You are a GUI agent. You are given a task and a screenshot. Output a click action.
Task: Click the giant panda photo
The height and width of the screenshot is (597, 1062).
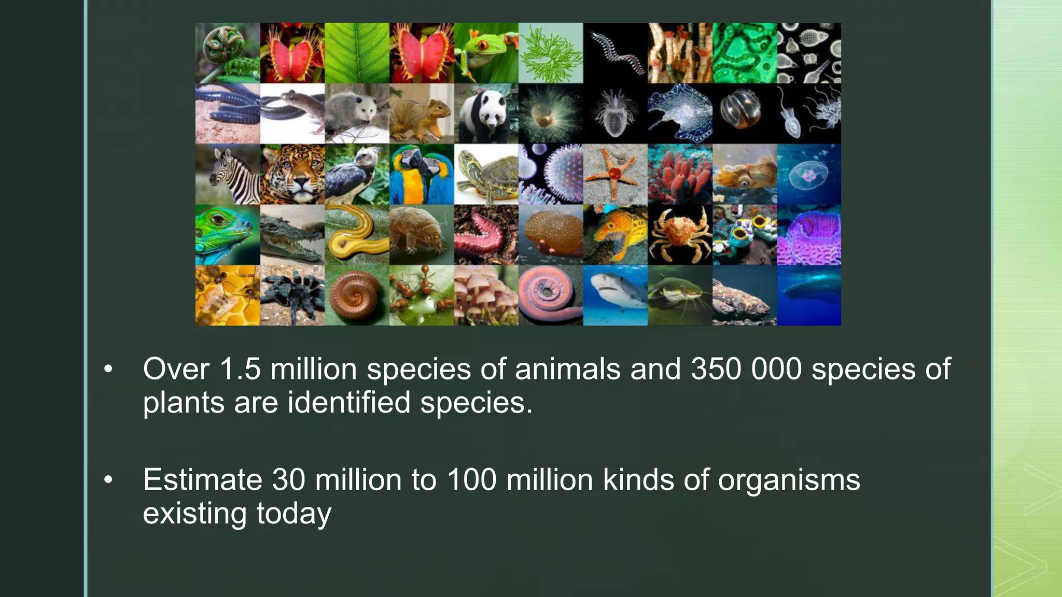tap(486, 113)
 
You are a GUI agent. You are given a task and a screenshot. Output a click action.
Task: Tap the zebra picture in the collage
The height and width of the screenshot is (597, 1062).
tap(228, 175)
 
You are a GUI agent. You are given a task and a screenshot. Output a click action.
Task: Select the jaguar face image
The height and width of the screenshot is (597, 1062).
tap(292, 175)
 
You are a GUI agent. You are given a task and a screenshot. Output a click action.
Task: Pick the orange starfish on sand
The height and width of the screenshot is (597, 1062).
tap(615, 175)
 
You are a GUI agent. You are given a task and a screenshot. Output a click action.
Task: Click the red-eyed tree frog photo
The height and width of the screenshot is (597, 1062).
tap(486, 52)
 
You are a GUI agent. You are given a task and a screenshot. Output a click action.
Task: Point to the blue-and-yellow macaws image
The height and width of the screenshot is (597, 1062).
tap(421, 175)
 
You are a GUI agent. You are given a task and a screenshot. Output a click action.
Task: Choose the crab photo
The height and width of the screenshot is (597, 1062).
tap(680, 235)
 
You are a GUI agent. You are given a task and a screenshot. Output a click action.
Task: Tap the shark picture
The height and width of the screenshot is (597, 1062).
tap(615, 295)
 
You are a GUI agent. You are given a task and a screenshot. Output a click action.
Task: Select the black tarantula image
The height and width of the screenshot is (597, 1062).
tap(292, 295)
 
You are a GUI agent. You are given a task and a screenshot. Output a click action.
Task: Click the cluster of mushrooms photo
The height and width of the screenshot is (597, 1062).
tap(486, 295)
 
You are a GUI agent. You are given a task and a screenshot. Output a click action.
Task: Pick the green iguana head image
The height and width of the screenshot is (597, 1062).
tap(228, 235)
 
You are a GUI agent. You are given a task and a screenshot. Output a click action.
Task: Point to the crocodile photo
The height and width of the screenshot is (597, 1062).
tap(292, 235)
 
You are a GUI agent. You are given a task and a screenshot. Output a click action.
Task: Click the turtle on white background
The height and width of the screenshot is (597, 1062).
tap(486, 175)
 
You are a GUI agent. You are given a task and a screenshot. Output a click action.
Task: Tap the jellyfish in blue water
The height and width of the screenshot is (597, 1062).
tap(809, 175)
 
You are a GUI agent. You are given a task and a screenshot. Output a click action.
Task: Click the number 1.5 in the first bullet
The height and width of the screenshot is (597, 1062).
tap(240, 369)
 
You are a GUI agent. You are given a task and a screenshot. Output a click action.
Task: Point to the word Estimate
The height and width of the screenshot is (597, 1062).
tap(202, 480)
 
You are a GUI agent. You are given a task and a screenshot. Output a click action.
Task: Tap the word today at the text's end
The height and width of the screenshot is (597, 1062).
tap(294, 514)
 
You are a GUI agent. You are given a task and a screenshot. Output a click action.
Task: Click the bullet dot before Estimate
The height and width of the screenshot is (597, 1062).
tap(108, 480)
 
